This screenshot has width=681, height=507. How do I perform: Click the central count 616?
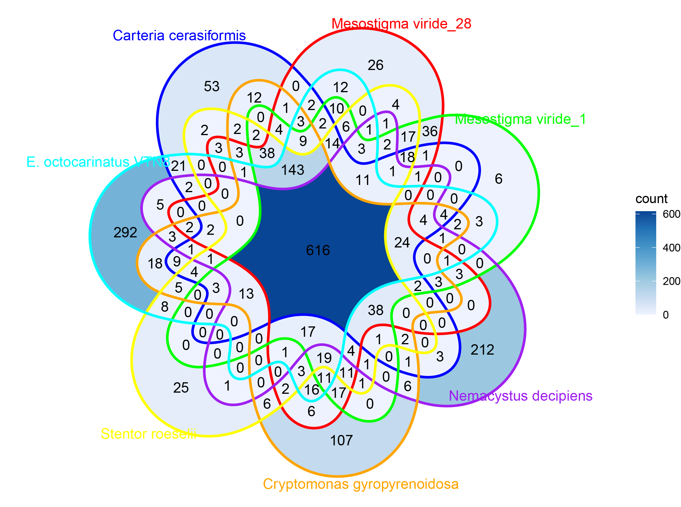318,250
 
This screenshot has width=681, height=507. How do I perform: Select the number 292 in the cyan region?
125,233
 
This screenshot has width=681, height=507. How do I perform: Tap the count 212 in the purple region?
482,350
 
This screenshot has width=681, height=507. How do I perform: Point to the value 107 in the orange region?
341,441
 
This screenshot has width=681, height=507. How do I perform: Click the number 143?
293,170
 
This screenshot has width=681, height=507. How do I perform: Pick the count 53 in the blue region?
212,86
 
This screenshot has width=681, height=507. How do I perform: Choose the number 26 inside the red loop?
375,65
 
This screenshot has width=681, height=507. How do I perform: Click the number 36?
429,132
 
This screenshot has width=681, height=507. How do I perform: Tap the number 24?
402,243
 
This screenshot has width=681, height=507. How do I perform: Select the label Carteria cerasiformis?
179,36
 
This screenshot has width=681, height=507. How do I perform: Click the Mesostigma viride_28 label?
401,24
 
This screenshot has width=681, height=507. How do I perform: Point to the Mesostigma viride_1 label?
520,119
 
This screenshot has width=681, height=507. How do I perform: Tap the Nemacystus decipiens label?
520,396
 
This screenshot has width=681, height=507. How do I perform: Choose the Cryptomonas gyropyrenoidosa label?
361,484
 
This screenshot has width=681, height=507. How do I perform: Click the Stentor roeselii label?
148,434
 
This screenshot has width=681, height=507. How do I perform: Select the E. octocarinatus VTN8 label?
98,162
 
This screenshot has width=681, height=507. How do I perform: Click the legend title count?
651,199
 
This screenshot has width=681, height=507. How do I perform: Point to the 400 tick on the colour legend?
671,248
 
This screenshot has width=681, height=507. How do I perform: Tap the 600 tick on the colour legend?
671,214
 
